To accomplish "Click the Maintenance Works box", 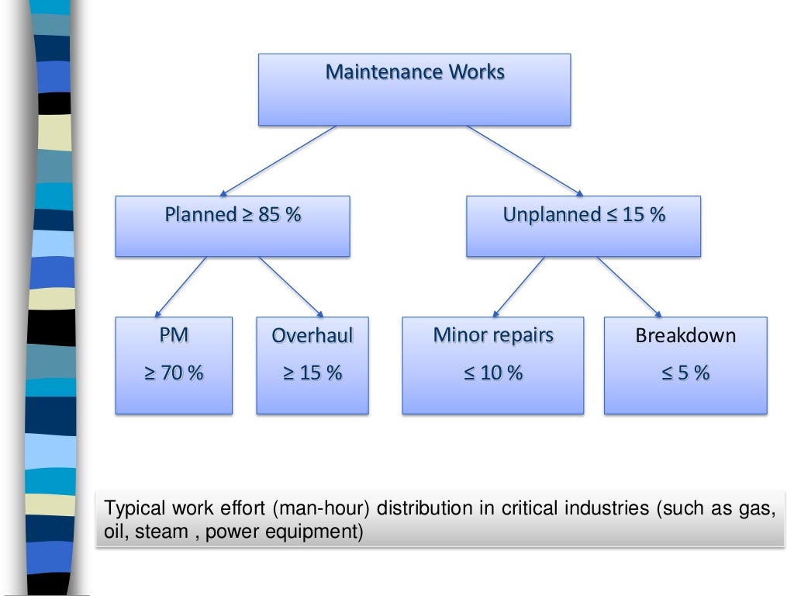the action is [x=414, y=89].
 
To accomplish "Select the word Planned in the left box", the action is [x=198, y=215].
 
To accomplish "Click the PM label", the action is [x=173, y=335].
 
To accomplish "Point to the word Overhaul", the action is [x=312, y=336].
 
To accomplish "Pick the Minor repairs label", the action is [x=493, y=335].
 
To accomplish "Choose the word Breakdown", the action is [x=685, y=336].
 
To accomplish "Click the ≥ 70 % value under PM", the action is [x=173, y=373].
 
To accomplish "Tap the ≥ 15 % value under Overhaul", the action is [x=312, y=373].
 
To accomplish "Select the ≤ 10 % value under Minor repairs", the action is [x=493, y=373].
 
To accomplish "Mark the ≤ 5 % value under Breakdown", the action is [x=685, y=373].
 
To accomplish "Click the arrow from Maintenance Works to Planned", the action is [x=279, y=161].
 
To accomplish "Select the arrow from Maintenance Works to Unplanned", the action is [x=524, y=161].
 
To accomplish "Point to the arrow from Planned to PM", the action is [x=180, y=286].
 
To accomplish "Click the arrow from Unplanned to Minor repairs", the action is [x=519, y=286].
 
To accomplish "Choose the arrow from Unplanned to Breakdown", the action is [x=629, y=286].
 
